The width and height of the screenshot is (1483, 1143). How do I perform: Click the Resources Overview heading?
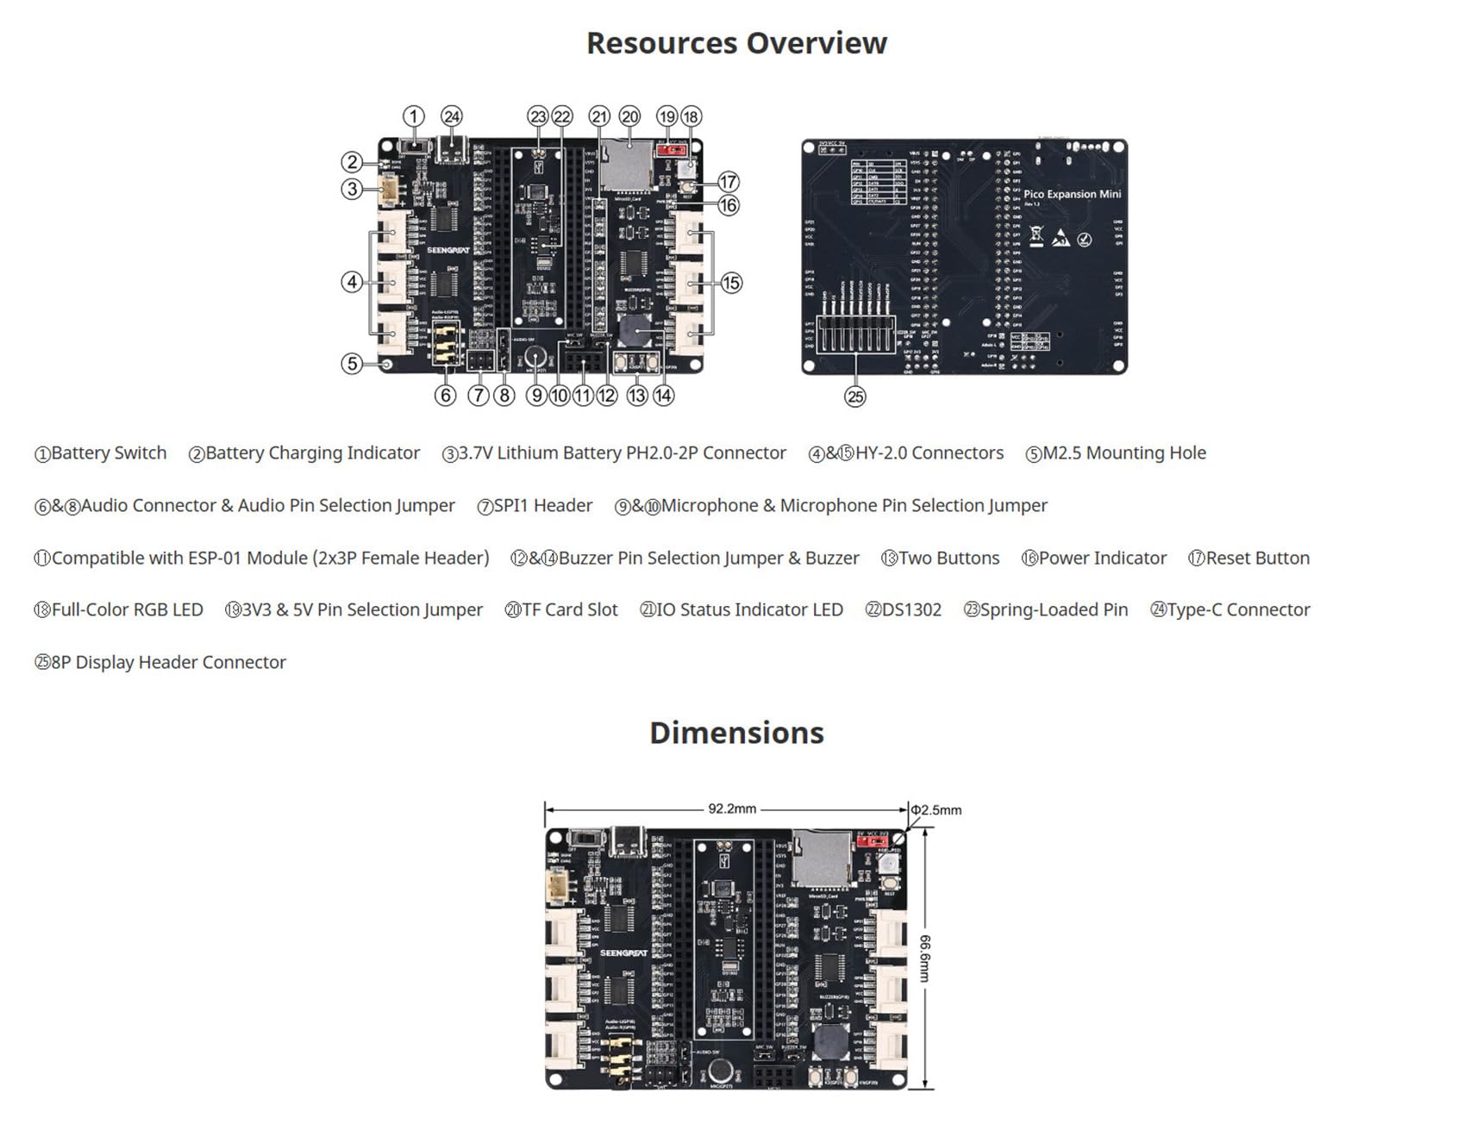[x=736, y=43]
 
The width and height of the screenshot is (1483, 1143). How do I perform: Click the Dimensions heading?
[x=736, y=733]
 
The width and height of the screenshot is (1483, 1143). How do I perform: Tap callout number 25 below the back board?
[x=854, y=397]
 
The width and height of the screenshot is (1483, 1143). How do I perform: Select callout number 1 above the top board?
[x=414, y=116]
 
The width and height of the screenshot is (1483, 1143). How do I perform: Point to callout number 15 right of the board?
[x=731, y=283]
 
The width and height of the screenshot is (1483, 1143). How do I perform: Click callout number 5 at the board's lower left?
[x=351, y=363]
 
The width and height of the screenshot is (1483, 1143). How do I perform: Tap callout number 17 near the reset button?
[x=729, y=181]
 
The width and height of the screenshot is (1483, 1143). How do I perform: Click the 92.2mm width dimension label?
[x=732, y=809]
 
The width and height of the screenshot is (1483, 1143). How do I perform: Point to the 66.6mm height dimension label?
[x=925, y=958]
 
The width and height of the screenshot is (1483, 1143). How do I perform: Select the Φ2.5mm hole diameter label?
[x=936, y=810]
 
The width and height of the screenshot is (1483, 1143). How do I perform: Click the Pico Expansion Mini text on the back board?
[x=1072, y=194]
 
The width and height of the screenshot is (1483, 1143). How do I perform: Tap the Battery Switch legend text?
[x=108, y=453]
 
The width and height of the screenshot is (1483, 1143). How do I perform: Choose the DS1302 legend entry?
[x=910, y=610]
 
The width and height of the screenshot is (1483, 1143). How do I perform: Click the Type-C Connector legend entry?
[x=1237, y=610]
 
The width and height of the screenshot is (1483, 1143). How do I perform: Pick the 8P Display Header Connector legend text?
[x=168, y=663]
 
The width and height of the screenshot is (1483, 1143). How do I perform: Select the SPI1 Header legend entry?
[x=542, y=506]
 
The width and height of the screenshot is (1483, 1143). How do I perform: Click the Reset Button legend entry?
[x=1256, y=559]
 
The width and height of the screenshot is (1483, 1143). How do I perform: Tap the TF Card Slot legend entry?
[x=569, y=610]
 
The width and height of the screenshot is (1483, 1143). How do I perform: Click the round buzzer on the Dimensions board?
[x=829, y=1042]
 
